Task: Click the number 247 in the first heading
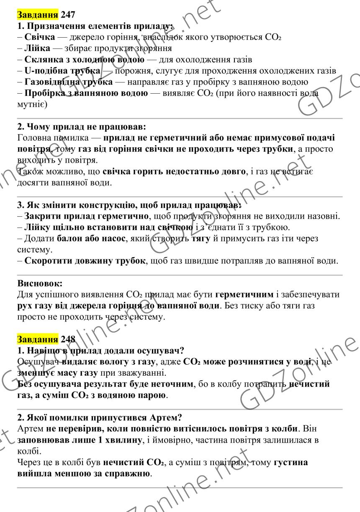pyautogui.click(x=68, y=15)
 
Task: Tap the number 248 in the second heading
pyautogui.click(x=68, y=339)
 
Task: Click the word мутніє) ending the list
pyautogui.click(x=33, y=104)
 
